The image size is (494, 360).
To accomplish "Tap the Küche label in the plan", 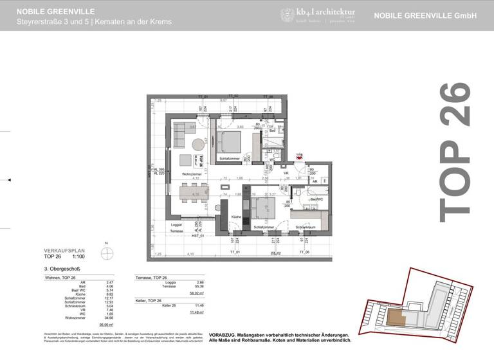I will coord(236,217).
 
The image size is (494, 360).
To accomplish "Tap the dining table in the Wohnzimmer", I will coord(194,192).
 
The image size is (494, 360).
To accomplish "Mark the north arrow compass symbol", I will coord(107,251).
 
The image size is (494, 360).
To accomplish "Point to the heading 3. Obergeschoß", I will coord(62,269).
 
